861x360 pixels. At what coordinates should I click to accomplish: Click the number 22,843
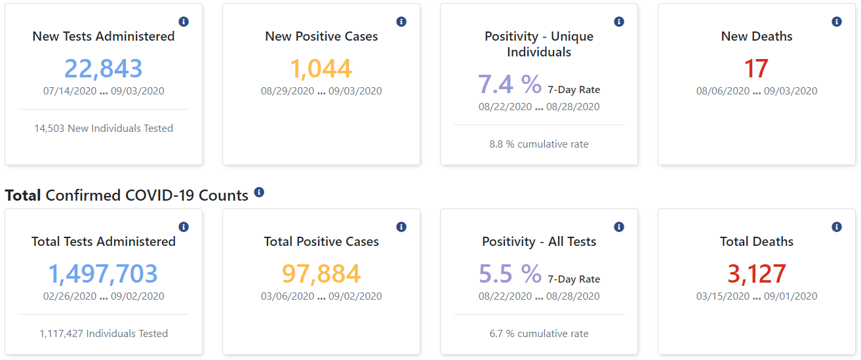click(x=104, y=68)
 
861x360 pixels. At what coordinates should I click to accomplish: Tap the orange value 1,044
click(x=321, y=68)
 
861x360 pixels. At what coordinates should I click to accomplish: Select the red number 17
click(x=756, y=68)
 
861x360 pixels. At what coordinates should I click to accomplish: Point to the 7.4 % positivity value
click(x=510, y=84)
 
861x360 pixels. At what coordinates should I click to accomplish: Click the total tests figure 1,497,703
click(x=103, y=274)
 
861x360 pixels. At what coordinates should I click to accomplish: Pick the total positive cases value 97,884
click(x=321, y=274)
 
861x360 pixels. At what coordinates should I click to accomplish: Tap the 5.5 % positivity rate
click(x=510, y=274)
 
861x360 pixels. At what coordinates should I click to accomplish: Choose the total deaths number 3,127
click(x=757, y=274)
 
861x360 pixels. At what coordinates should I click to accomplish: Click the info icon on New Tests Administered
click(x=184, y=22)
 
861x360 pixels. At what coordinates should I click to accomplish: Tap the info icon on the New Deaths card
click(x=837, y=22)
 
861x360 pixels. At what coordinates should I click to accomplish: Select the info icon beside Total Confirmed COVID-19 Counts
click(x=259, y=192)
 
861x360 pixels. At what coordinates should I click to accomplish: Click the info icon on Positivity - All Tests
click(x=619, y=227)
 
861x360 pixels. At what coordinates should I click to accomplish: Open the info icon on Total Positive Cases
click(x=401, y=227)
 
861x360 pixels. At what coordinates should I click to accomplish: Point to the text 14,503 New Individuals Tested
click(x=104, y=129)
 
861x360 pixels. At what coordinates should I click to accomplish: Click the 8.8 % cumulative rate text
click(x=539, y=144)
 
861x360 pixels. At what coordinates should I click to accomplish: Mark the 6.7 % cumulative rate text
click(x=539, y=334)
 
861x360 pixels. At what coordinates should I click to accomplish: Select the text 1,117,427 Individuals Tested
click(x=104, y=334)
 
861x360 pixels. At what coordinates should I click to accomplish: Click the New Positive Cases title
click(x=321, y=36)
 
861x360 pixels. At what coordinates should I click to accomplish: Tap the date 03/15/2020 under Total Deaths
click(x=723, y=296)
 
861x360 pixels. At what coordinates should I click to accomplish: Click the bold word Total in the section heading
click(x=23, y=195)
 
